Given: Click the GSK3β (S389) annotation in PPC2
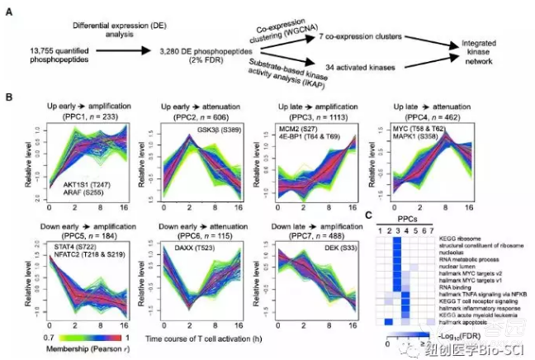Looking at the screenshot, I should [220, 131].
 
